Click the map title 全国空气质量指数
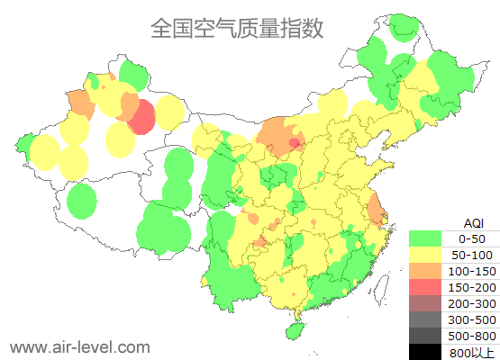tap(237, 29)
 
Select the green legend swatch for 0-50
tap(425, 238)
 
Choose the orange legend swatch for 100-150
tap(425, 271)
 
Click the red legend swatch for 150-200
tap(425, 287)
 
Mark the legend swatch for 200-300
tap(425, 303)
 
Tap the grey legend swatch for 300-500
tap(425, 319)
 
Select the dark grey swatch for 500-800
tap(425, 336)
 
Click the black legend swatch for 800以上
tap(425, 351)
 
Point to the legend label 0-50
tap(472, 238)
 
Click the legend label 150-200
tap(472, 287)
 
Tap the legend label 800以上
tap(472, 352)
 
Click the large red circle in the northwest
tap(141, 117)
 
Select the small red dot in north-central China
tap(294, 143)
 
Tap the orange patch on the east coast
tap(376, 211)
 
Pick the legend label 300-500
tap(472, 319)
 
